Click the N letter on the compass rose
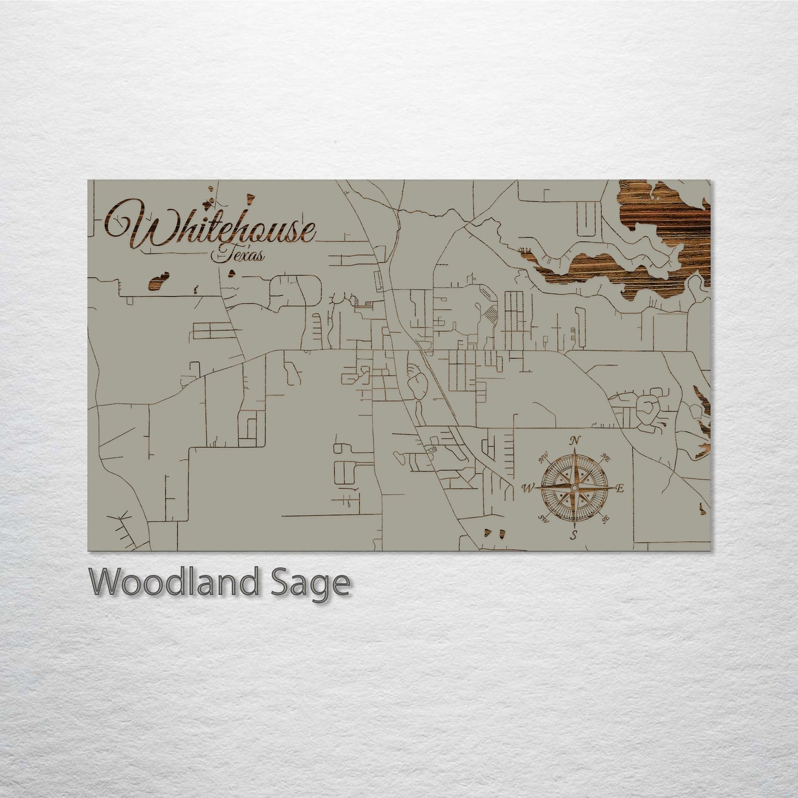coord(575,440)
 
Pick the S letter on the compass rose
coord(574,535)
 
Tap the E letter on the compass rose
coord(620,488)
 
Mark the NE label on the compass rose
coord(605,458)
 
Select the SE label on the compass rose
coord(605,519)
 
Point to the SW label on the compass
coord(543,518)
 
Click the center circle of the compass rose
coord(574,488)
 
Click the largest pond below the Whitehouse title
coord(158,281)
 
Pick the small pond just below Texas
coord(233,272)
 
